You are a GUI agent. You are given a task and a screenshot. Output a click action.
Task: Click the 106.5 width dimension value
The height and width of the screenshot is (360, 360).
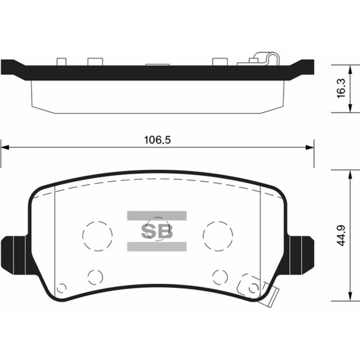[157, 140]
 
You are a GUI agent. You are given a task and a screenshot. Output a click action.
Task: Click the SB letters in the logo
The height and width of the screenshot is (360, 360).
[157, 231]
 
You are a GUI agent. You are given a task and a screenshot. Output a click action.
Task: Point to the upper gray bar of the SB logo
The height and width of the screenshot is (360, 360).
[157, 215]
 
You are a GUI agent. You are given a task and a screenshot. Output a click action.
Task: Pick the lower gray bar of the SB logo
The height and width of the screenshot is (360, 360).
[157, 246]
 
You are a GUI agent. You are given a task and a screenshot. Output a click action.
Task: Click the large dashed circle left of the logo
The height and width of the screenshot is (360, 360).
[97, 236]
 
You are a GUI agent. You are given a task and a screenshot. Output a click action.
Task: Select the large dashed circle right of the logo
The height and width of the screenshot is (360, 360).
[218, 236]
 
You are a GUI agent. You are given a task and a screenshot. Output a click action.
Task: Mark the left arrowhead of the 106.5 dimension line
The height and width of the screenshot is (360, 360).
[4, 148]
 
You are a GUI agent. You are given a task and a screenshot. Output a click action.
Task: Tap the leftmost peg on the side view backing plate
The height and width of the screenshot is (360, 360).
[62, 62]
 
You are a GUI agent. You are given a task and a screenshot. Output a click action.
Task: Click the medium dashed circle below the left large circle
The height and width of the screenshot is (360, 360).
[95, 277]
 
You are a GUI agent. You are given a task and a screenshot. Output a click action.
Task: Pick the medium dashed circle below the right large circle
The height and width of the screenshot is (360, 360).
[220, 277]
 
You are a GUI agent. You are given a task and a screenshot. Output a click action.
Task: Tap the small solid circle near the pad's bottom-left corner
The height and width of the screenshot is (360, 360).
[61, 288]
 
